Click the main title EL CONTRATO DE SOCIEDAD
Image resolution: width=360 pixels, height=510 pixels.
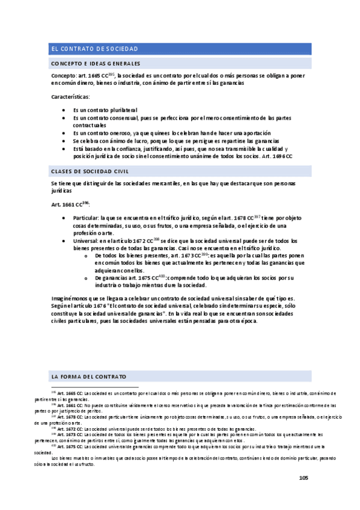[94, 49]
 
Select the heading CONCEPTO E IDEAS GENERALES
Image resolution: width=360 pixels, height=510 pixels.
[96, 64]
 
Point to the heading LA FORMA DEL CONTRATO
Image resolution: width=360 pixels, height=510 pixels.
[89, 376]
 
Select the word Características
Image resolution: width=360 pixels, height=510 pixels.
[71, 96]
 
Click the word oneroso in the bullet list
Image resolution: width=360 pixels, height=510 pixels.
[104, 133]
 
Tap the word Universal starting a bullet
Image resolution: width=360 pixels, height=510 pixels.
[85, 241]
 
